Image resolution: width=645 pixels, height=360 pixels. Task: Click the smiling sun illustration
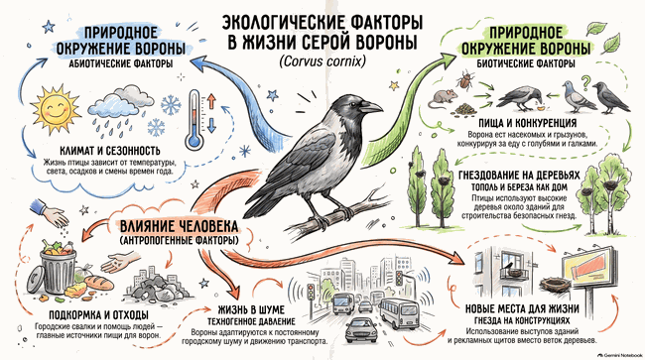tap(56, 108)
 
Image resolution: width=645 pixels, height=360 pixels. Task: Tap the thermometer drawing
tap(194, 120)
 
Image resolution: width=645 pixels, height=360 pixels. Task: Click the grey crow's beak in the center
tap(371, 108)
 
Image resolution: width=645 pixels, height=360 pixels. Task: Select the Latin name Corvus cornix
tap(322, 61)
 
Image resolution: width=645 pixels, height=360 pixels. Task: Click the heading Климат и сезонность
tap(110, 150)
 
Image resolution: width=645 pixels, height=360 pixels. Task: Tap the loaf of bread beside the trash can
tap(99, 282)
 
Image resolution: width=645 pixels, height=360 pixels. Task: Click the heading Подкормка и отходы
tap(98, 315)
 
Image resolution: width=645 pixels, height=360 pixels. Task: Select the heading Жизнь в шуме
tap(251, 309)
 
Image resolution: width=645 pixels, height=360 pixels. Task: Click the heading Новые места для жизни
tap(522, 308)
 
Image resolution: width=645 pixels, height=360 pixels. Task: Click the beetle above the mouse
tap(466, 80)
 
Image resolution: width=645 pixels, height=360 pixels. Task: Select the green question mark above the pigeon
tap(585, 80)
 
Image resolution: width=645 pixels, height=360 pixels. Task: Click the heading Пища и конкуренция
tap(527, 123)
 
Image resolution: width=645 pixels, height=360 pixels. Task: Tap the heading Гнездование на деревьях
tap(519, 176)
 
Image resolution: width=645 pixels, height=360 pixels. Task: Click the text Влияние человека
tap(179, 226)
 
